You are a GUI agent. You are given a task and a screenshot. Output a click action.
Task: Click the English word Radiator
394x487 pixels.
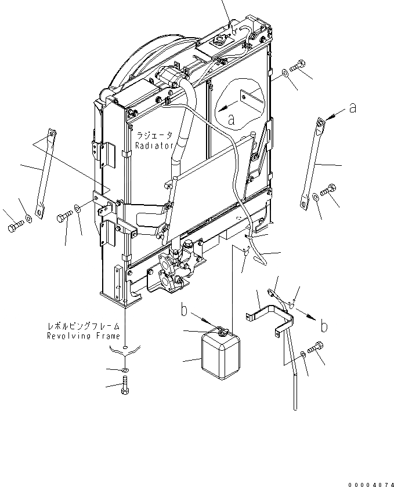coord(154,146)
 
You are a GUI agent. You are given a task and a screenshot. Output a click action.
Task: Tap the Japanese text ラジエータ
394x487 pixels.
coord(154,135)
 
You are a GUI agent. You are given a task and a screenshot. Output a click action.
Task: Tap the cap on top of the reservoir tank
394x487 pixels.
coord(221,331)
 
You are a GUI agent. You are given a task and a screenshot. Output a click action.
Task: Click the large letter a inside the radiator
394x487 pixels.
coord(232,120)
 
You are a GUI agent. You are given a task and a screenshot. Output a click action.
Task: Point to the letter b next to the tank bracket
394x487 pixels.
coord(323,326)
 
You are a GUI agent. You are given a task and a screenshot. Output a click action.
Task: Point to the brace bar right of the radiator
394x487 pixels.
coord(310,162)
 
